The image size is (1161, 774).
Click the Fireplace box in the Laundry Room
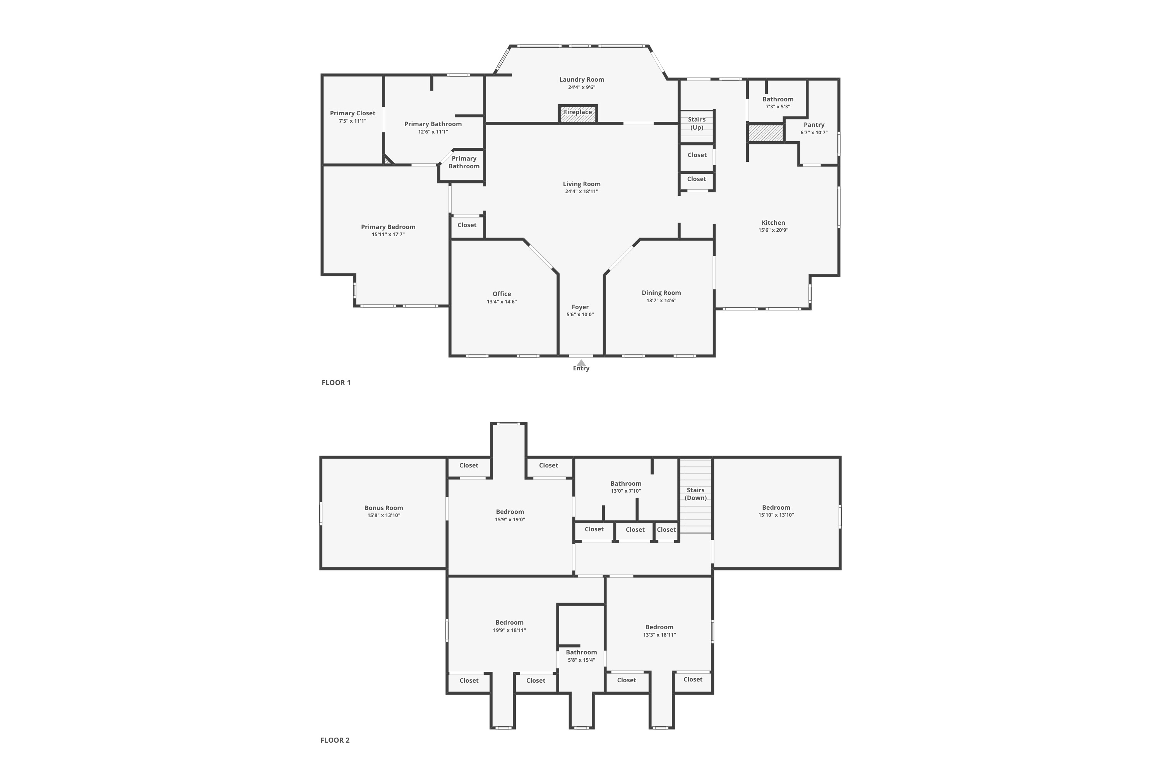click(578, 113)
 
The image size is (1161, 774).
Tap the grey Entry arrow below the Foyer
click(582, 363)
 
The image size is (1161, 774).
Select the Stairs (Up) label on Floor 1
click(697, 123)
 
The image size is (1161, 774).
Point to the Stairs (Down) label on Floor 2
click(695, 494)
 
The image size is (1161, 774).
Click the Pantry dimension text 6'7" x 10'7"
click(814, 132)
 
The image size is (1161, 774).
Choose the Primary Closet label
click(353, 113)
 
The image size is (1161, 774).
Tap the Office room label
click(502, 294)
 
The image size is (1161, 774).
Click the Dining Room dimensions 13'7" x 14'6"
click(661, 300)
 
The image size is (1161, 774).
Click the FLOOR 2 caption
click(335, 740)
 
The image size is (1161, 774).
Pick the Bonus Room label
click(384, 507)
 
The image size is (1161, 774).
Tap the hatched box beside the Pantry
click(765, 133)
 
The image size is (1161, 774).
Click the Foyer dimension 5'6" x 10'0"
click(580, 314)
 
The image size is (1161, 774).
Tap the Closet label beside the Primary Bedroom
click(467, 225)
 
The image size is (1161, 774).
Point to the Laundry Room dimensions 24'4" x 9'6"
click(582, 87)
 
